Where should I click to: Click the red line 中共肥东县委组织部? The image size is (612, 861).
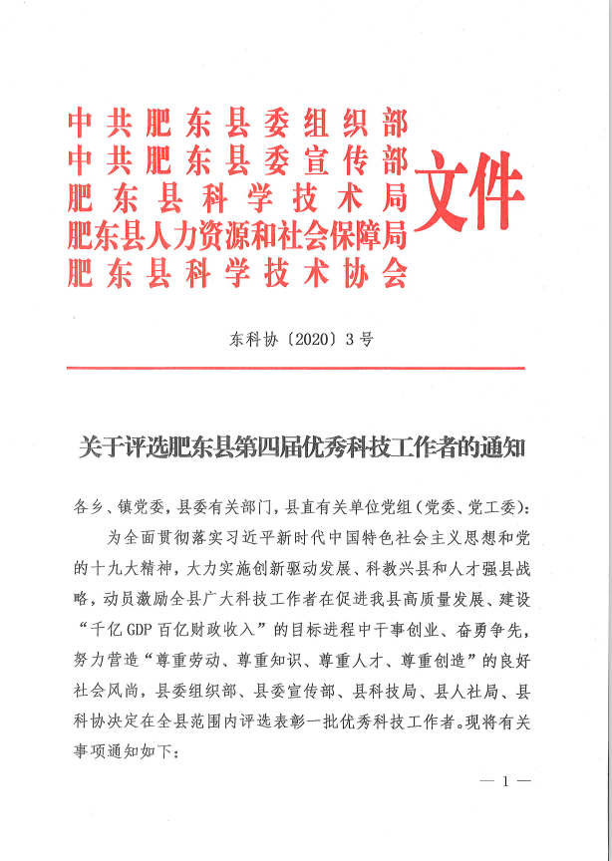tap(237, 124)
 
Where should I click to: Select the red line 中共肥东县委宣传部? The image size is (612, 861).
tap(237, 159)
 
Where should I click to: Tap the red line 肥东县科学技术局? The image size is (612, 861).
tap(237, 197)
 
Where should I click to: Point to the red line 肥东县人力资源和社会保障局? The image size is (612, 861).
tap(237, 235)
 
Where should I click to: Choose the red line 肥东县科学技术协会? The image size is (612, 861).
tap(237, 272)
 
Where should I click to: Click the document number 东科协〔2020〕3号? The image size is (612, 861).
tap(295, 339)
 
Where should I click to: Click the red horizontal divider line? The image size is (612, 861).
tap(295, 370)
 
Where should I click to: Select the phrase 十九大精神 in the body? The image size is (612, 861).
tap(133, 569)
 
